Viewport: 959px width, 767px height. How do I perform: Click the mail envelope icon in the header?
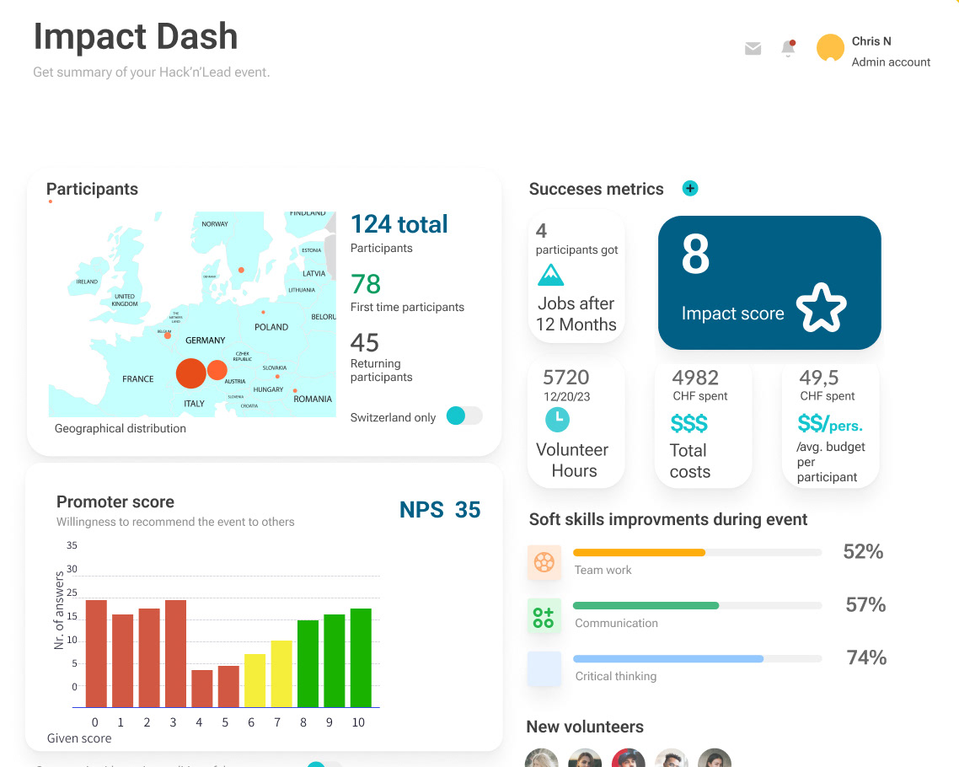coord(753,49)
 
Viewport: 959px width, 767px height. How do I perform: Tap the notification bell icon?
coord(788,49)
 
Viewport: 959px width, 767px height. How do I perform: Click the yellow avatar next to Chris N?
coord(830,48)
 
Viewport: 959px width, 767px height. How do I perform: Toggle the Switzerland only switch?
coord(463,416)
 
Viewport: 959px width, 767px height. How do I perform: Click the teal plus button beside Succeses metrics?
coord(690,189)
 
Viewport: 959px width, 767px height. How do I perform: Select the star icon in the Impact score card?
coord(821,308)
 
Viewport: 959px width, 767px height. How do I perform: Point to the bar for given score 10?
coord(361,657)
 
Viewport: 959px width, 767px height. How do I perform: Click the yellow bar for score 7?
coord(281,673)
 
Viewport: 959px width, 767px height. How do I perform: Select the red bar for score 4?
coord(202,688)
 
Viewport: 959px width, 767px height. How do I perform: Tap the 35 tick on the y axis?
coord(72,545)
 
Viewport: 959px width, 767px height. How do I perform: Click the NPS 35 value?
coord(440,510)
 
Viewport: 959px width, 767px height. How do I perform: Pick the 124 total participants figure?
coord(399,224)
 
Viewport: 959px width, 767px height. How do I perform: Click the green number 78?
coord(366,284)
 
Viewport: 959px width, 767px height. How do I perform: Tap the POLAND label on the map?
coord(271,327)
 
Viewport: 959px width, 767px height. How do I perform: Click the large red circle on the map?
coord(191,373)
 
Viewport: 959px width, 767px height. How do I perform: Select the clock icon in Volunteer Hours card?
coord(557,418)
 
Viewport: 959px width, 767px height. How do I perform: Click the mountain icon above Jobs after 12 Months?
coord(550,275)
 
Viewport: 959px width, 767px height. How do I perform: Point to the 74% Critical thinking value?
coord(865,657)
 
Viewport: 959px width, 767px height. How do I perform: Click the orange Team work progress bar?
coord(639,553)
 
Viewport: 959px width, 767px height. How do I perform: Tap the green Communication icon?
coord(544,615)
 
